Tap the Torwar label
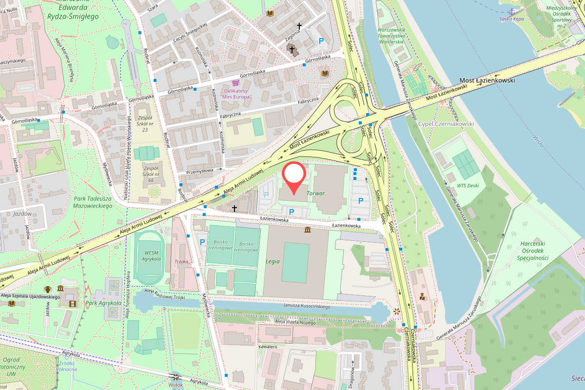[x=315, y=194]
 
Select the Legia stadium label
[x=273, y=262]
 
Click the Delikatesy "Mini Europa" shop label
[x=236, y=94]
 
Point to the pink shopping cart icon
[x=236, y=83]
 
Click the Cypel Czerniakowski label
[x=446, y=124]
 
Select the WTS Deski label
[x=468, y=185]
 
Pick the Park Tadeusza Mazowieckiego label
[x=93, y=202]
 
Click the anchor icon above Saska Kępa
[x=510, y=11]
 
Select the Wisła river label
[x=539, y=141]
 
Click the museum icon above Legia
[x=308, y=230]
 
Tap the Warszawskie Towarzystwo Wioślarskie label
[x=391, y=36]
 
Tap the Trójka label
[x=181, y=262]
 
